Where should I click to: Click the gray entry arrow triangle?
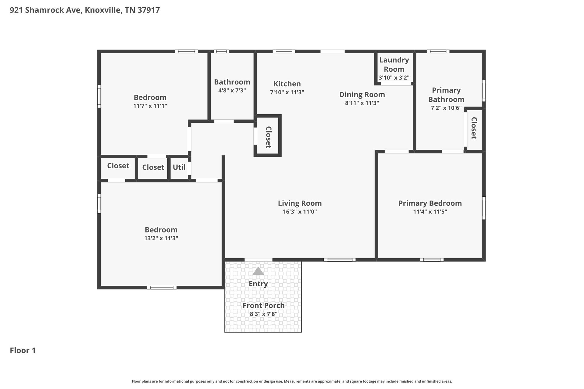(258, 271)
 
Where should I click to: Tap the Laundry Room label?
(394, 64)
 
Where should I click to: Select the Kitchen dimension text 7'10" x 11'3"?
(287, 92)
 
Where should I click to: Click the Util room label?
(179, 167)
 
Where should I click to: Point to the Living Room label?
(300, 203)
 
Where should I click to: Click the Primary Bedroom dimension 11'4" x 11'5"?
(430, 212)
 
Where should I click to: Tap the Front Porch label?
(263, 305)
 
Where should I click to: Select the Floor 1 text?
(23, 350)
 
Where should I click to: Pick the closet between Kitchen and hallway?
(268, 137)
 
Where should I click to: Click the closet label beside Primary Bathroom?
(474, 128)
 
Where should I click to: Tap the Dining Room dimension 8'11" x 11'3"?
(362, 103)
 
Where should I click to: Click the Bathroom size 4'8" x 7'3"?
(232, 90)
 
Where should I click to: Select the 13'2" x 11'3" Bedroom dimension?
(161, 238)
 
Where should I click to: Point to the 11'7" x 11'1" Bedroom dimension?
(150, 106)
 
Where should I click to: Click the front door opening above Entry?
(258, 260)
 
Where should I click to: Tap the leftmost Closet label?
(118, 166)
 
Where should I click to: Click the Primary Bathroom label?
(446, 95)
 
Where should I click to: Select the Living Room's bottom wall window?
(339, 260)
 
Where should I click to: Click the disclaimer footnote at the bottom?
(292, 381)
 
